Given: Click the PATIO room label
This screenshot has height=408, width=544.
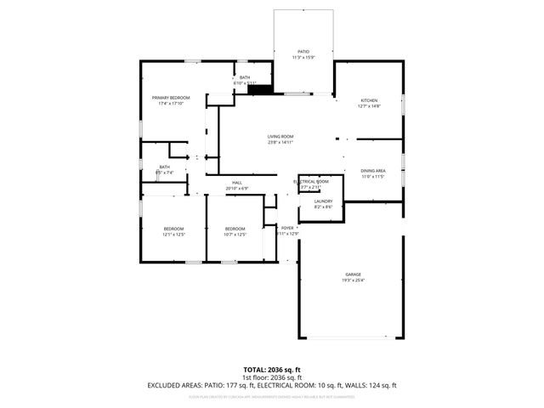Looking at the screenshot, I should coord(303,52).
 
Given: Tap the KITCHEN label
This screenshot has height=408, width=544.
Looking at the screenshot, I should coord(368,100).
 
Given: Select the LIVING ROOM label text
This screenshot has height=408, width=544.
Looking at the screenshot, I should coord(280,136).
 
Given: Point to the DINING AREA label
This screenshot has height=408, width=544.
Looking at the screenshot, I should coord(373,171).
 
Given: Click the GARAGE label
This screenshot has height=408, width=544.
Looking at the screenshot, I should coord(353,275).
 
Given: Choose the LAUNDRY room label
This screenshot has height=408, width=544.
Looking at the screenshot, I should coord(323,201).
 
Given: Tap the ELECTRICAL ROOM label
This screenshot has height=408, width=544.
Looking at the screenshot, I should coord(311,181).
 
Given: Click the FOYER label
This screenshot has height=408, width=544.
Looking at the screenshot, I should coord(287,228).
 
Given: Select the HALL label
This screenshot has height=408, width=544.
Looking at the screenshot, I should coord(237,183).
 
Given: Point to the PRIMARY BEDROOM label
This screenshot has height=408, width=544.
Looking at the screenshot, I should coord(171,98).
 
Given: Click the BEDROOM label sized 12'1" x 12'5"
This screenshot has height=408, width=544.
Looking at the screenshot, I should coord(173,229).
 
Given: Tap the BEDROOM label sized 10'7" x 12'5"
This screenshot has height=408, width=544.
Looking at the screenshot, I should coord(235,229).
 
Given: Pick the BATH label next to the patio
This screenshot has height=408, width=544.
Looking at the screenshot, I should coord(245,77).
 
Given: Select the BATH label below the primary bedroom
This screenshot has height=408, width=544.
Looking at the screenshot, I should coord(164,167).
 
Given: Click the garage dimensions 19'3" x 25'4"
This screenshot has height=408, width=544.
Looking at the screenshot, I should coord(353,280).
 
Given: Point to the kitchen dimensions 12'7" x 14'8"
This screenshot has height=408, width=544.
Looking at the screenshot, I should coord(368,105).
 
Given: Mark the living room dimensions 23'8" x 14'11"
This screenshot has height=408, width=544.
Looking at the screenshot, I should coord(280,142).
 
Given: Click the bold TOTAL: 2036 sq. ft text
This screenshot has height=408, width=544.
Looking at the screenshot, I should coord(272,370).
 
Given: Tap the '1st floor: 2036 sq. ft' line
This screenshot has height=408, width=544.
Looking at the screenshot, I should coord(272,377).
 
